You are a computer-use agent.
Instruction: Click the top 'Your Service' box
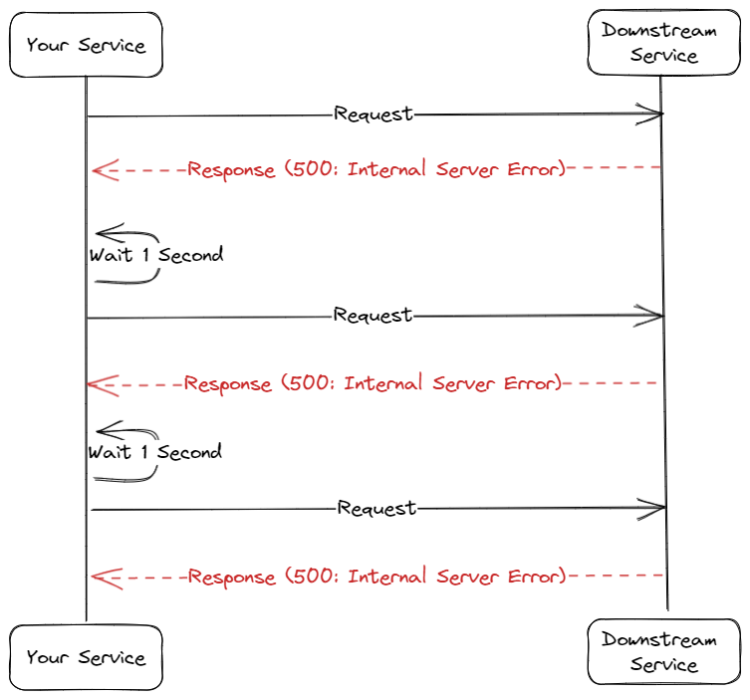pos(86,45)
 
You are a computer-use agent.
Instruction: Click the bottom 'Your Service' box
pos(86,657)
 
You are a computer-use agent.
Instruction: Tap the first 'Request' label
pos(374,114)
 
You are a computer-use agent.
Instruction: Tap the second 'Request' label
pos(373,316)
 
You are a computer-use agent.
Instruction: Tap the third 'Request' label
pos(376,509)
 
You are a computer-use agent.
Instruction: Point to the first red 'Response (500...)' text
pos(376,169)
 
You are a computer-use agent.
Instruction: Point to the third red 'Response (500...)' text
pos(377,577)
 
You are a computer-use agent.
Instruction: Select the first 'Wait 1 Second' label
pos(156,255)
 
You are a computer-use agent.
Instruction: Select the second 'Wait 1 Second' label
pos(154,453)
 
